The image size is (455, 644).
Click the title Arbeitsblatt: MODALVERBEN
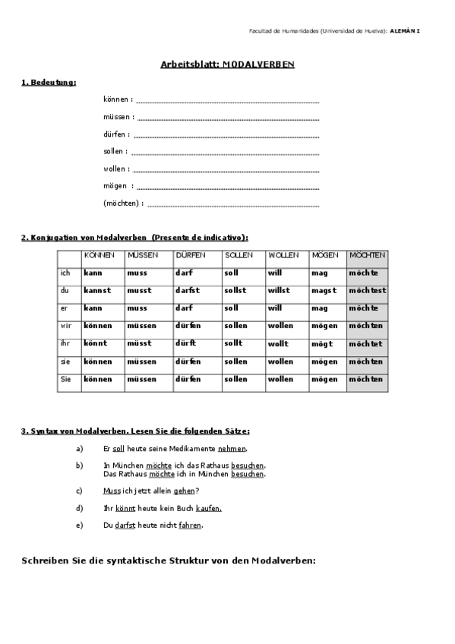pos(228,65)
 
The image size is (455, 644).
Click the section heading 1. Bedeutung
pos(49,82)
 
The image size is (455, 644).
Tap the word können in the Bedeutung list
pos(117,99)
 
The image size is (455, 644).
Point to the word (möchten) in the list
pos(122,204)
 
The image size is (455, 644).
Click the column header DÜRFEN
pos(190,255)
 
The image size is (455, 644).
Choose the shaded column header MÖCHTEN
pos(367,255)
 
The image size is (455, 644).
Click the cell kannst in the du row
pos(97,290)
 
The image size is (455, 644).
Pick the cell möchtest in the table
pos(367,290)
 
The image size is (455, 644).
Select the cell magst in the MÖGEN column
pos(324,290)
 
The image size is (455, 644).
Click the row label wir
pos(65,326)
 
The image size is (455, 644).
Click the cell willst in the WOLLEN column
pos(279,290)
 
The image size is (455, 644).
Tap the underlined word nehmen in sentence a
pos(232,450)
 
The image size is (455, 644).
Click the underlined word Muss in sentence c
pos(112,491)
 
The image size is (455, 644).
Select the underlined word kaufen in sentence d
pos(208,508)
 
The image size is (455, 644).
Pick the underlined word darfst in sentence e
pos(125,526)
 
